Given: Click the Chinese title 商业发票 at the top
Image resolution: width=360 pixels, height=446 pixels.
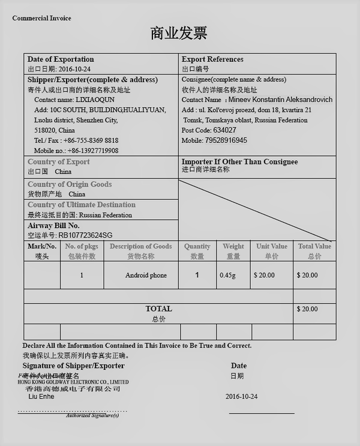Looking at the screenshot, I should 179,33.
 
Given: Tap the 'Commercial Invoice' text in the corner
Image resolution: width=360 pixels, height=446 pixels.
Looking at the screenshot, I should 41,18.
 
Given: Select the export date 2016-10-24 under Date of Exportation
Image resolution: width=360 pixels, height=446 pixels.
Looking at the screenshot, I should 74,69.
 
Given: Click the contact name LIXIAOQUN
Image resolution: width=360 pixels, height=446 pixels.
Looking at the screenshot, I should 91,100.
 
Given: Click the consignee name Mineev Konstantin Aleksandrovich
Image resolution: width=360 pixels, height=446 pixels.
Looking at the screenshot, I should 278,100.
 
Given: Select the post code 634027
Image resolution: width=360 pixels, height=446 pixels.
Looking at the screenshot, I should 224,130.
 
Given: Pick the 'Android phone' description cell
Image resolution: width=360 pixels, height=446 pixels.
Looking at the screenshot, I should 146,276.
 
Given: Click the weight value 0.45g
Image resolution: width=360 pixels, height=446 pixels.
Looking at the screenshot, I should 227,276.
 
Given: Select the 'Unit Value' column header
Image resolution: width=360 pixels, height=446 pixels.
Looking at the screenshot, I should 272,246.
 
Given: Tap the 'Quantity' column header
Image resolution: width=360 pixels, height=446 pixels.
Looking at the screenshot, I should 197,246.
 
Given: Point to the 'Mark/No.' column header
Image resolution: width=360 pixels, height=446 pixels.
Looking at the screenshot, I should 42,246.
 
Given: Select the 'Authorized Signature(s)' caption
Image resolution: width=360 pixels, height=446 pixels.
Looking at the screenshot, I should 92,415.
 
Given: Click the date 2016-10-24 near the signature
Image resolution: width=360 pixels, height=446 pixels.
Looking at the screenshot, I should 241,397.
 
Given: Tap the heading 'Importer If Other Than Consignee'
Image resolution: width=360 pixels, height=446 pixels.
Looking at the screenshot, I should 239,162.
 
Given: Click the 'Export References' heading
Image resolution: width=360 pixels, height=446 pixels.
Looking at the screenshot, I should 212,59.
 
